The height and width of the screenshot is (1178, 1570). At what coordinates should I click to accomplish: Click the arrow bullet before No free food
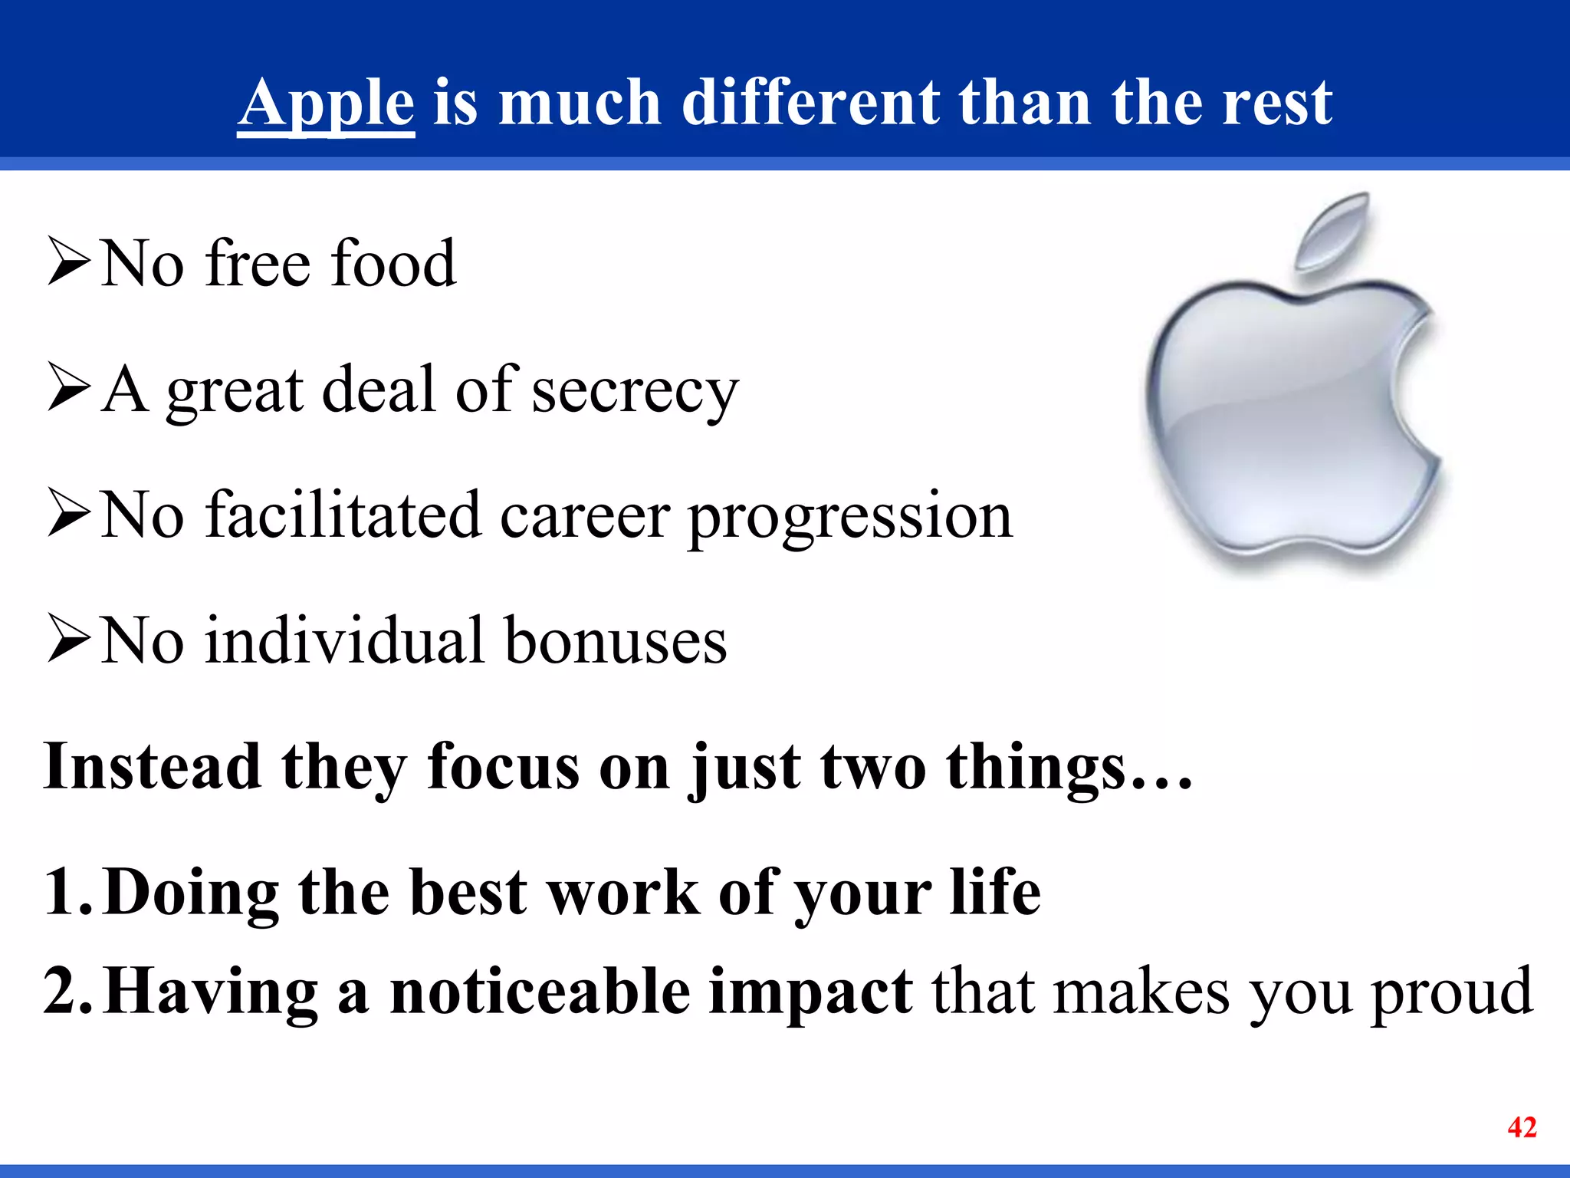click(69, 262)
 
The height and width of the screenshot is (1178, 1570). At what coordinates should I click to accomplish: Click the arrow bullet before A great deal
click(69, 387)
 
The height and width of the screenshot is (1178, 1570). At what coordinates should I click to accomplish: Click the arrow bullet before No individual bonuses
click(69, 638)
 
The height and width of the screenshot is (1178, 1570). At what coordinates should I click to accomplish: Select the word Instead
click(152, 766)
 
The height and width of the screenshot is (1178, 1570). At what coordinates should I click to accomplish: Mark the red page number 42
click(1522, 1127)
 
